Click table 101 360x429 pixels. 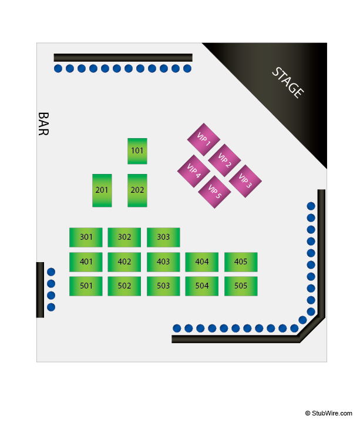[137, 151]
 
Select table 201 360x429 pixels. [102, 190]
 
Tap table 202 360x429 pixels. [137, 190]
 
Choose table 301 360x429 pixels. [86, 237]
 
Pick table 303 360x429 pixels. [163, 237]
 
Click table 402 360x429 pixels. [124, 262]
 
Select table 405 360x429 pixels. [241, 262]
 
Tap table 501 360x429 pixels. [86, 286]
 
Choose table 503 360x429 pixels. [163, 286]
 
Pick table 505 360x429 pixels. [241, 286]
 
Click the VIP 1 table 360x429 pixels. [203, 139]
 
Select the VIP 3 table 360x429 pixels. [245, 181]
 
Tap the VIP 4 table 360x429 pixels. [194, 171]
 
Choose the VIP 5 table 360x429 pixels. [214, 192]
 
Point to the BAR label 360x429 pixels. [43, 124]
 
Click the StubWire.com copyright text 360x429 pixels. [328, 413]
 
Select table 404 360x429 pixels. [202, 262]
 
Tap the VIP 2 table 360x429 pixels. [224, 160]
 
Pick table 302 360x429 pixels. [124, 237]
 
